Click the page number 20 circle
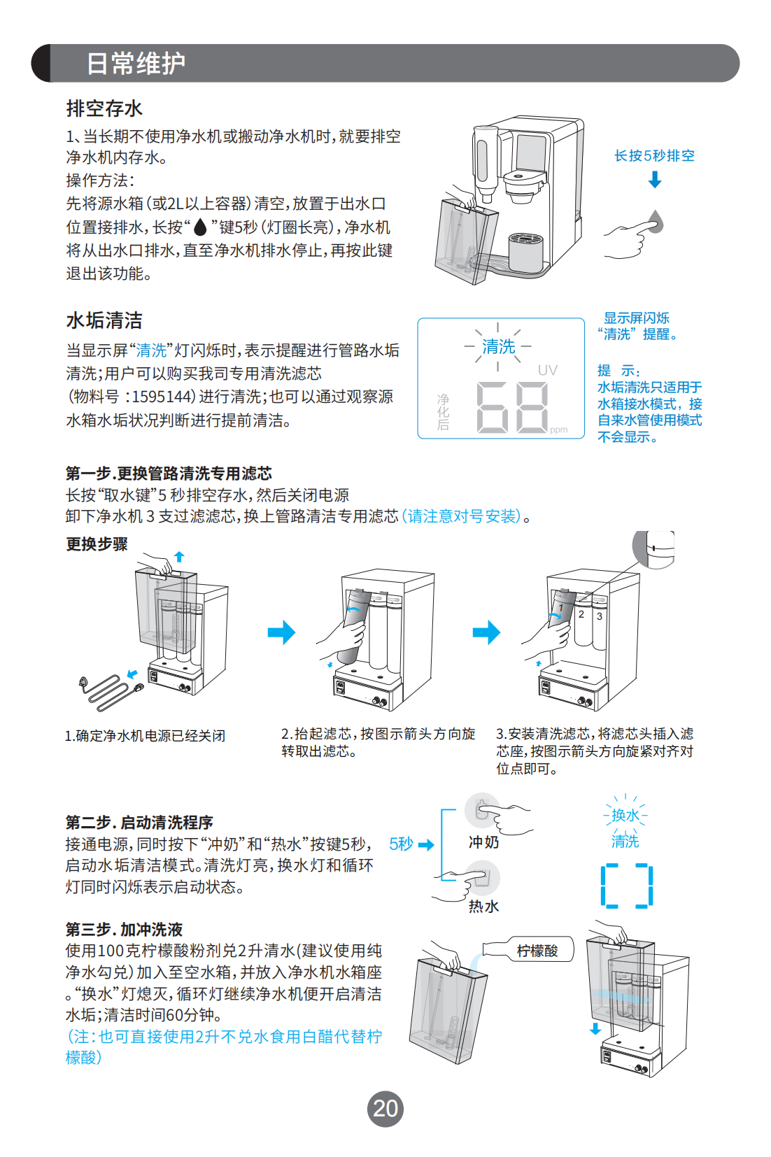click(385, 1109)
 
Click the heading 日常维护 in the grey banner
click(136, 64)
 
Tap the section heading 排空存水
click(104, 108)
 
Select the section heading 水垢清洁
click(104, 320)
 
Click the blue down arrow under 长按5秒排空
click(655, 180)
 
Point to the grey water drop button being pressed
click(656, 222)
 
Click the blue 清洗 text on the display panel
click(498, 346)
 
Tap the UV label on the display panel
click(548, 370)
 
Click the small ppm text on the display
click(558, 430)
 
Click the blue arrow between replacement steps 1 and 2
click(281, 632)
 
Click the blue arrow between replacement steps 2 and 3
click(486, 632)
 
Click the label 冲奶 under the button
click(483, 842)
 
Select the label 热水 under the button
click(483, 907)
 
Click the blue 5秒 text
click(401, 844)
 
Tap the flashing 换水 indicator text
click(625, 816)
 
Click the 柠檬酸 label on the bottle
click(537, 951)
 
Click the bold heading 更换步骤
click(97, 544)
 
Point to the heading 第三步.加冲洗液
click(124, 930)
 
